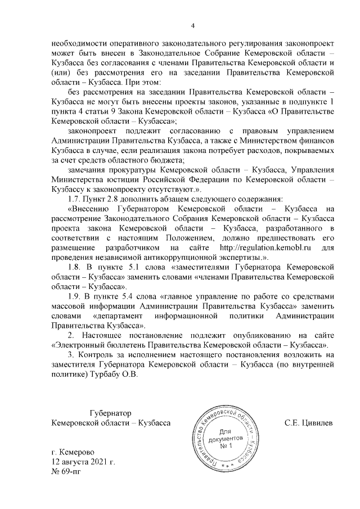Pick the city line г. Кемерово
click(x=73, y=452)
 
